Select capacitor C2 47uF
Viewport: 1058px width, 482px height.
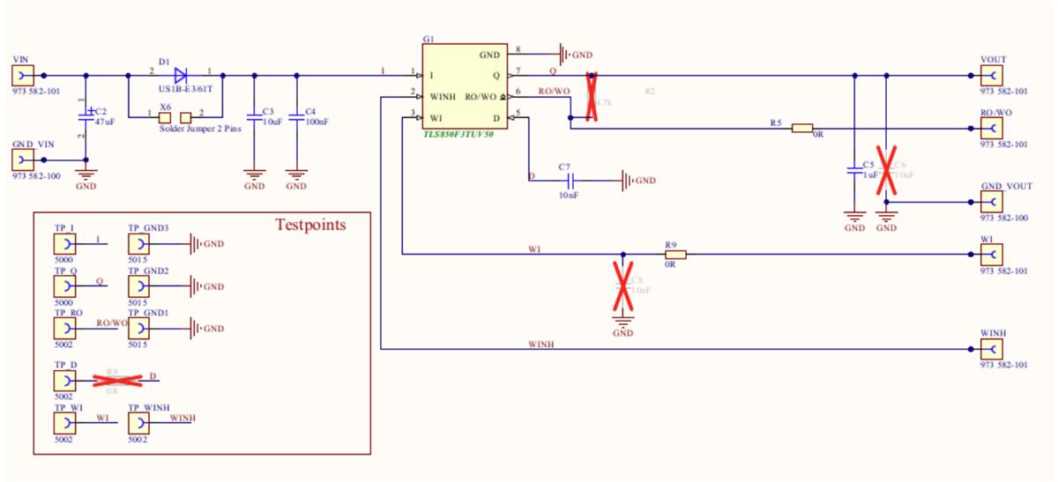[86, 115]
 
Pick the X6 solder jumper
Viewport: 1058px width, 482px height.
[175, 117]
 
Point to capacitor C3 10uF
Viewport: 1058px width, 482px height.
[254, 115]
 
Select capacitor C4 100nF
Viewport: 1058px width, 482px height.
[296, 115]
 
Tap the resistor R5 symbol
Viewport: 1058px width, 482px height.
[801, 129]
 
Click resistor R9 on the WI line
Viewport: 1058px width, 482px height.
[674, 254]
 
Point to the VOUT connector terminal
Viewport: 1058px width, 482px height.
[992, 76]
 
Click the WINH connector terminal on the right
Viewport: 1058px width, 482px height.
[992, 349]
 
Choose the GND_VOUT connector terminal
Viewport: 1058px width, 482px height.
[992, 202]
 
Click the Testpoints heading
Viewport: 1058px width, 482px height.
[310, 225]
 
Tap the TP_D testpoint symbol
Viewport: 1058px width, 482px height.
[64, 380]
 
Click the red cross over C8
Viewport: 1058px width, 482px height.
[623, 284]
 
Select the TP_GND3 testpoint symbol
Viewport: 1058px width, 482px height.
[138, 243]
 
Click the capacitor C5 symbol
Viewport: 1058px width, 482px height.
[853, 171]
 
